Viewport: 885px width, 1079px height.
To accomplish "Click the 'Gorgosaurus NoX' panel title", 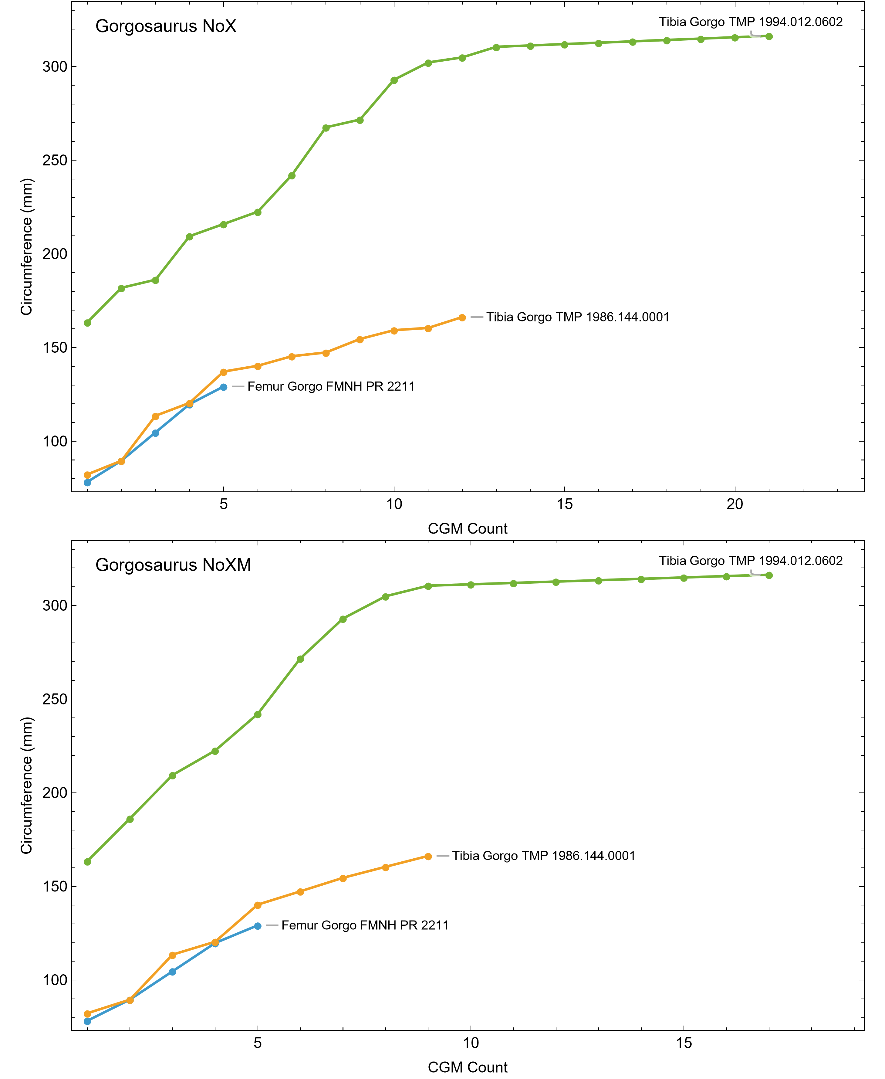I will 166,26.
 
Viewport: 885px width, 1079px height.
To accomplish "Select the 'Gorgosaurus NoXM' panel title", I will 173,565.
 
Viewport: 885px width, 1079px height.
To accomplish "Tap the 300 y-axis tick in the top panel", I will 55,66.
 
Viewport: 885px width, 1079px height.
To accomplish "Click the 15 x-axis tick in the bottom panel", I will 684,1043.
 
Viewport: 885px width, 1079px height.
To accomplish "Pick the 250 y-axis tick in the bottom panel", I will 55,699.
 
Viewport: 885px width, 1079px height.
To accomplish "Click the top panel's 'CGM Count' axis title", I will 468,528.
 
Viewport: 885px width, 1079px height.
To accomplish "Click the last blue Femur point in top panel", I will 223,387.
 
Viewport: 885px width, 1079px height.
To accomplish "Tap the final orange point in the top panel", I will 462,318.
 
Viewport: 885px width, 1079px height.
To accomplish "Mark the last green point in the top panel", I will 769,36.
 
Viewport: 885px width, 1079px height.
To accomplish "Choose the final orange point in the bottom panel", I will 428,857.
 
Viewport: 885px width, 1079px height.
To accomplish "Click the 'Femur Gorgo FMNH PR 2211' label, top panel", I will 331,386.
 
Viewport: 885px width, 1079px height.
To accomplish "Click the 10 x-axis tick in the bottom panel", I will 471,1043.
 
